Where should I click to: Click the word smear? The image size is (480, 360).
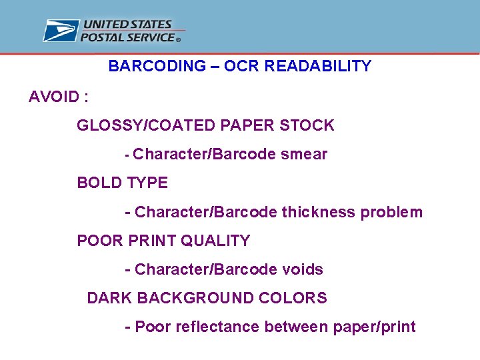click(304, 155)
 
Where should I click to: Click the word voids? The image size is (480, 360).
click(303, 269)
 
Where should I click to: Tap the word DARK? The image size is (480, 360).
click(109, 298)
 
